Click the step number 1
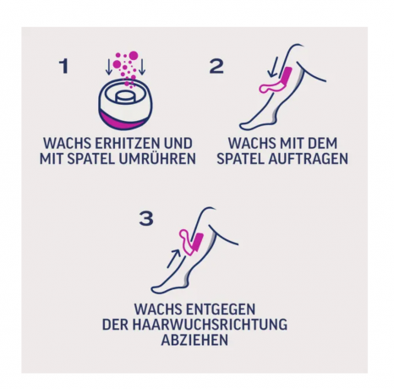click(x=63, y=66)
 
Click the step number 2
click(x=216, y=66)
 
